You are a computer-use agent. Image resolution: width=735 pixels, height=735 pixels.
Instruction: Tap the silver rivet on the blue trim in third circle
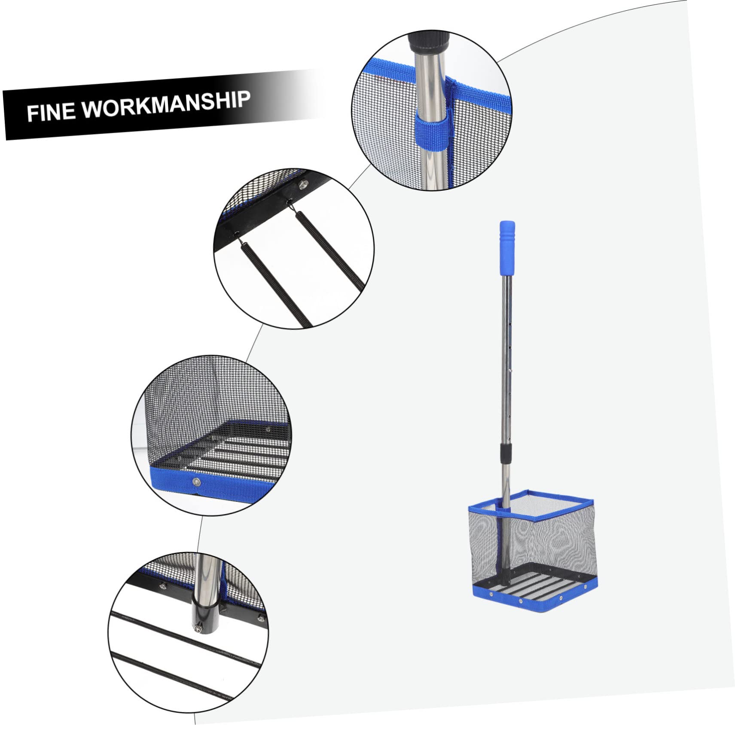click(197, 482)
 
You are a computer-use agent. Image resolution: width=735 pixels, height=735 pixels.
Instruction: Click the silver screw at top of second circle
click(302, 184)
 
